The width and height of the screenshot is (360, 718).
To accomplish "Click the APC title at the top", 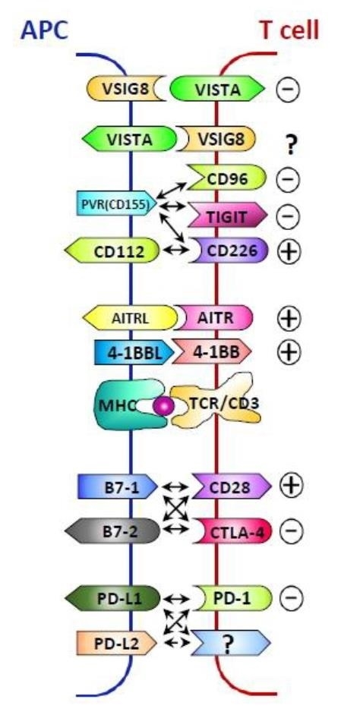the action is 44,30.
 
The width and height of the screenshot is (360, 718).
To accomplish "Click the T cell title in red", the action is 289,30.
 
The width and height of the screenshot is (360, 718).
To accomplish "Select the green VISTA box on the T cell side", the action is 217,89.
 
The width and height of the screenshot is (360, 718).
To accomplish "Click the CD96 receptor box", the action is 227,178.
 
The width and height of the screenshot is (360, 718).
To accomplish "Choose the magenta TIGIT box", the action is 228,216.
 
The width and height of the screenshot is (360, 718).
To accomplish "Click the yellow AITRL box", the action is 130,317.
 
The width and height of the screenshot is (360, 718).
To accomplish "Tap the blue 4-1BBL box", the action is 134,352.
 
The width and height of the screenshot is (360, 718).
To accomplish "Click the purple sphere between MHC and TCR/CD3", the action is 163,407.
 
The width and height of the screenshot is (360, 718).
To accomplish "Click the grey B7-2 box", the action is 112,531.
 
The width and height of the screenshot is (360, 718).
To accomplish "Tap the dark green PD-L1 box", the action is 112,598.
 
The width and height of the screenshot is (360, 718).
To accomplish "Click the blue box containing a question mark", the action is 231,643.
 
